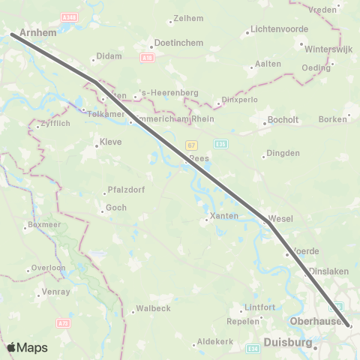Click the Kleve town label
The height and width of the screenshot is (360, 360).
coord(110,141)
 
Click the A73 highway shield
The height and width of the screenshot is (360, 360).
coord(64,323)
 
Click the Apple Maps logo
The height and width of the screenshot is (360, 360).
coord(27,347)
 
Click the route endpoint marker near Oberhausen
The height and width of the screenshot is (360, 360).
coord(349,325)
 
